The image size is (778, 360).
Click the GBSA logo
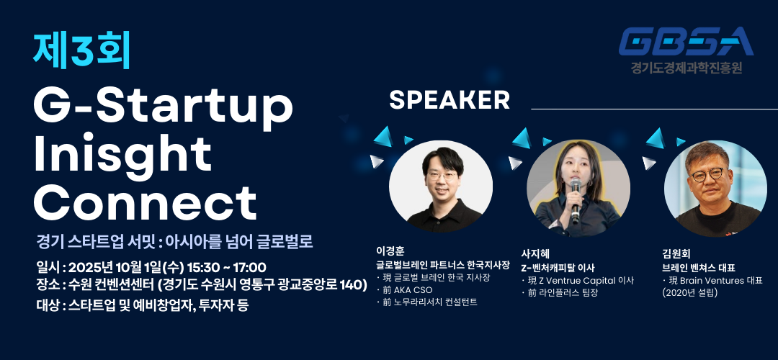(687, 42)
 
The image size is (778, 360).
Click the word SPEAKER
(450, 100)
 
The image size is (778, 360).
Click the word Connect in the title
(145, 204)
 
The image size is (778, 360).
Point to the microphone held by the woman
(576, 200)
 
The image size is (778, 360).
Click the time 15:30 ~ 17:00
(226, 267)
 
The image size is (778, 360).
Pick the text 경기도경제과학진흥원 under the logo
(687, 67)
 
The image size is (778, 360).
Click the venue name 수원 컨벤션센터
(112, 286)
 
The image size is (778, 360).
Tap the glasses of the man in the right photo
(707, 174)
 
